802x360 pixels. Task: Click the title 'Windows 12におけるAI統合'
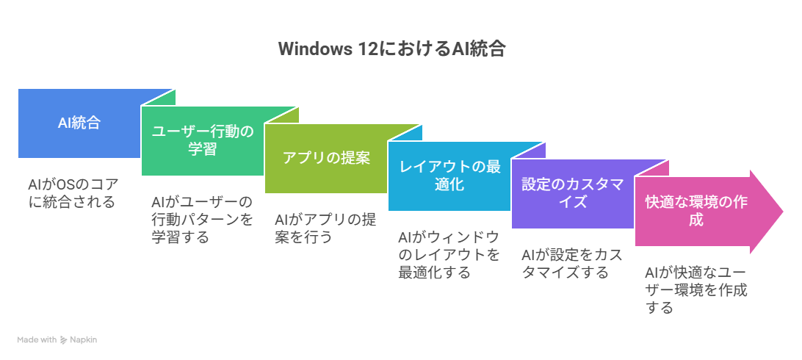coord(392,49)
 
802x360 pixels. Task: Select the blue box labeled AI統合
coord(79,123)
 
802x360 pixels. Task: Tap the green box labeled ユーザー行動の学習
coord(203,140)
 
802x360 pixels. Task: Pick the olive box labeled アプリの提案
coord(326,159)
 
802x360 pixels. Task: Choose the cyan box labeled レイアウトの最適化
coord(449,176)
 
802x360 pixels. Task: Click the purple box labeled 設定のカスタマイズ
coord(573,193)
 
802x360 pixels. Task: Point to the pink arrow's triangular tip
coord(783,212)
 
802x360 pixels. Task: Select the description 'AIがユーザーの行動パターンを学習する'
coord(203,219)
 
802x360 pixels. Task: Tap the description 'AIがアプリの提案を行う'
coord(326,228)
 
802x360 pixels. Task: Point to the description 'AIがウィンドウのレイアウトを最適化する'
coord(449,254)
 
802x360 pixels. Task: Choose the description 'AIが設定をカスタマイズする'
coord(572,263)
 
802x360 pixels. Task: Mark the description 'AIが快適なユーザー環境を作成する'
coord(696,289)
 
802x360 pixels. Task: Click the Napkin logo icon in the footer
coord(63,339)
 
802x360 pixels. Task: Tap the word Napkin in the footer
coord(84,339)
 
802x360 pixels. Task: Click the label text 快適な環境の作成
coord(696,211)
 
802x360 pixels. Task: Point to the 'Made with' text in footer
coord(37,339)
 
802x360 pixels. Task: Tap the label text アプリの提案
coord(326,158)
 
